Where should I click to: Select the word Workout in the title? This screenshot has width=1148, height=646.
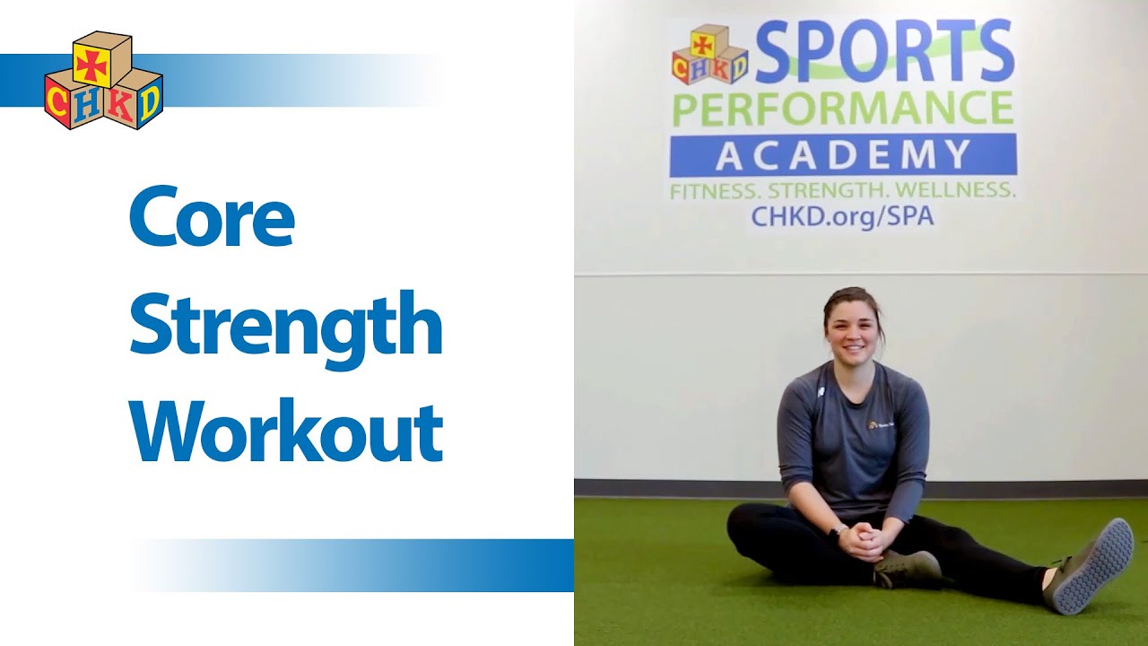pyautogui.click(x=286, y=432)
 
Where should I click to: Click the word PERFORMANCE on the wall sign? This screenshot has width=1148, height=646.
pyautogui.click(x=843, y=109)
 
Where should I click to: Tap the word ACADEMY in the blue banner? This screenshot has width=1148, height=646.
pyautogui.click(x=843, y=155)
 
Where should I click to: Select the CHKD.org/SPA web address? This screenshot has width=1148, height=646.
pyautogui.click(x=843, y=216)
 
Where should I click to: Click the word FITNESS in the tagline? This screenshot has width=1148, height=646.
pyautogui.click(x=714, y=191)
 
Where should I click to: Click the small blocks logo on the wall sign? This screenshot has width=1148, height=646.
pyautogui.click(x=709, y=55)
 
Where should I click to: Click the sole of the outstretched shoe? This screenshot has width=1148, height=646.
pyautogui.click(x=1094, y=566)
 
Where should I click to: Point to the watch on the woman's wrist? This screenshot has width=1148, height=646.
pyautogui.click(x=839, y=531)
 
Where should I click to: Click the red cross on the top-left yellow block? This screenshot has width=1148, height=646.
pyautogui.click(x=91, y=64)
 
